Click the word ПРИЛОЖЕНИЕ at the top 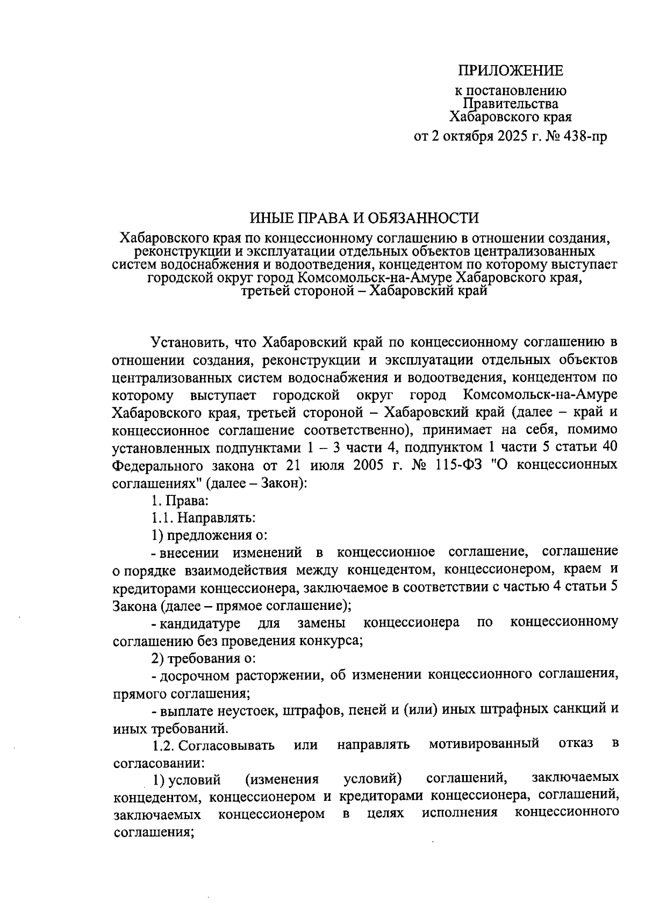510,70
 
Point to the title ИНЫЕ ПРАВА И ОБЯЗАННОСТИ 364,218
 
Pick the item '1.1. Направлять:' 203,517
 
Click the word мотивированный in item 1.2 484,744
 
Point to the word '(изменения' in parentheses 282,779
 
